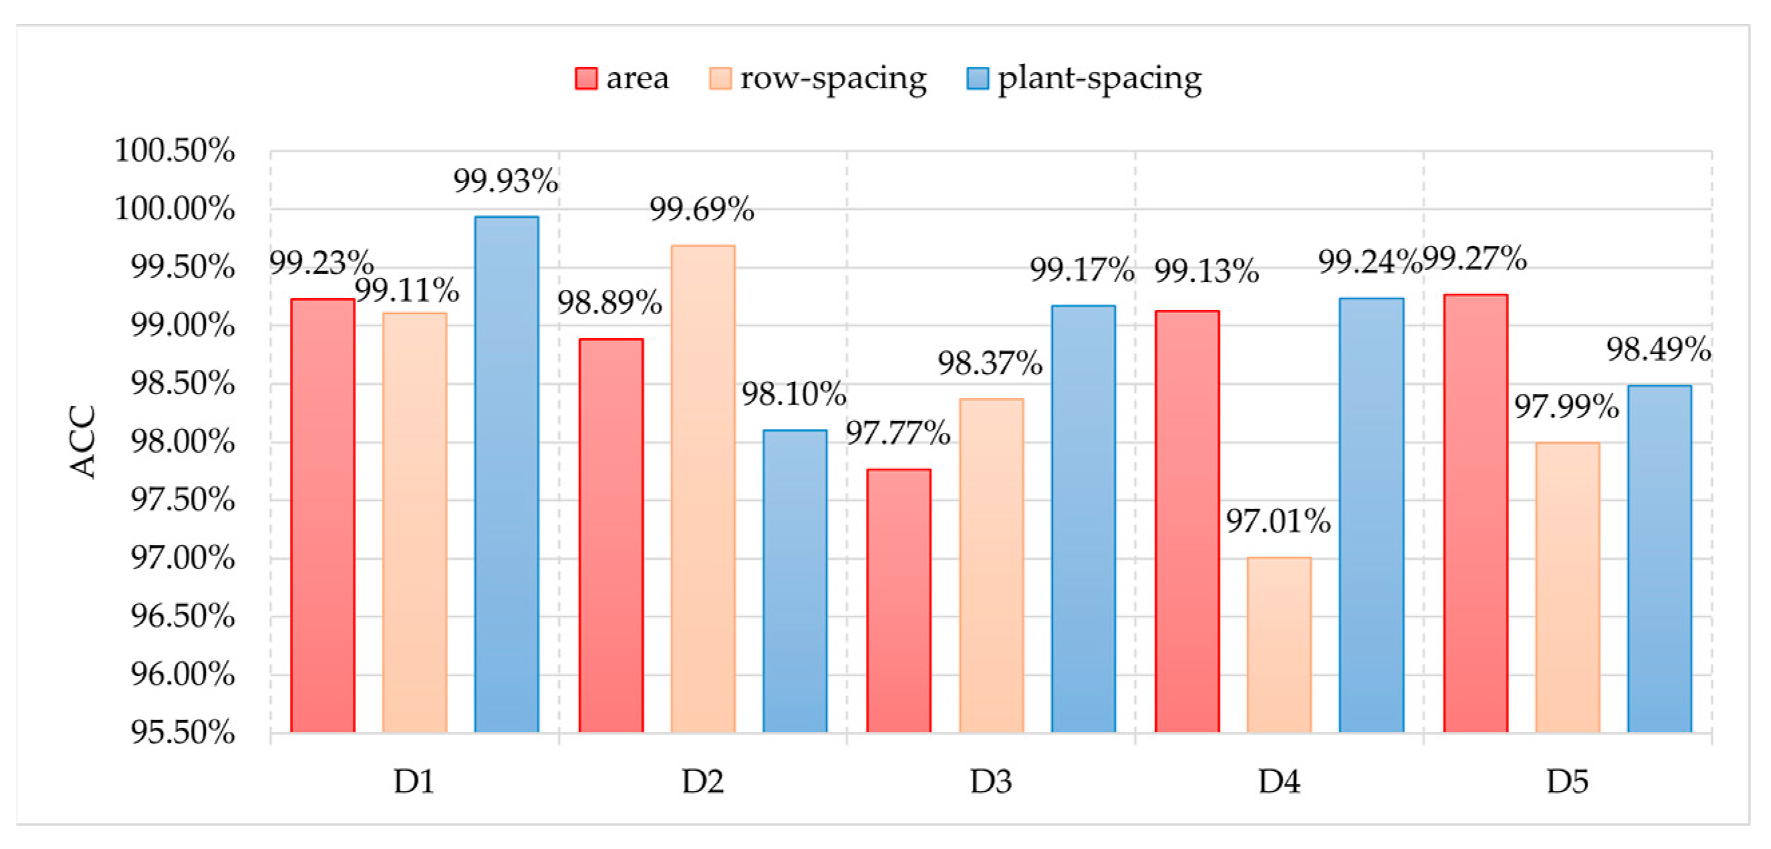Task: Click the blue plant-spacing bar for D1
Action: [x=506, y=474]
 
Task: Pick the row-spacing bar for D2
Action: [x=703, y=489]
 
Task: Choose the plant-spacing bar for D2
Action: [x=795, y=581]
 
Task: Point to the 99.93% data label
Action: [x=505, y=182]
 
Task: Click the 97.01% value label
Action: [x=1278, y=521]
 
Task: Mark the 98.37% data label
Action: [x=990, y=363]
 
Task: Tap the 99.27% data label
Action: [x=1474, y=259]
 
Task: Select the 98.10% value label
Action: [x=794, y=395]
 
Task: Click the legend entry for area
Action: [x=621, y=78]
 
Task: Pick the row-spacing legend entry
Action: [x=818, y=78]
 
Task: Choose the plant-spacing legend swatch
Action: [x=977, y=78]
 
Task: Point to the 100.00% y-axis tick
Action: [x=174, y=208]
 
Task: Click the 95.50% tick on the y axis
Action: [x=183, y=733]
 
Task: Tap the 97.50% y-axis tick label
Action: [x=183, y=500]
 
